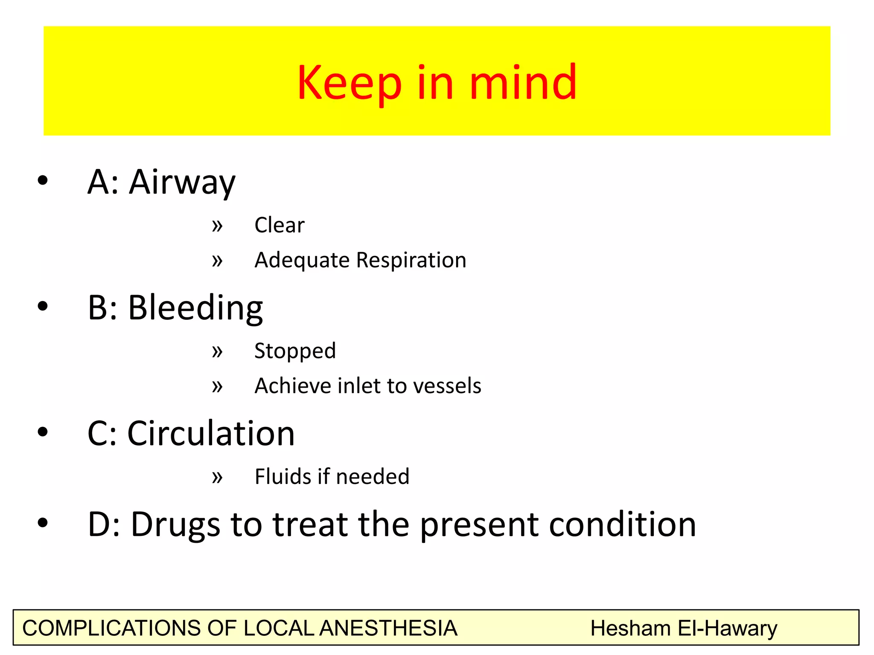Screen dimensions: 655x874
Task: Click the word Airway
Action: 182,183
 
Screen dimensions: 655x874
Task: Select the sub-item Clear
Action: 280,225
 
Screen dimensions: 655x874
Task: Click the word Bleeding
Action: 195,308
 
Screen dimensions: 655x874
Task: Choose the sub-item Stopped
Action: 295,351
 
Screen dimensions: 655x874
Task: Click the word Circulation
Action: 211,434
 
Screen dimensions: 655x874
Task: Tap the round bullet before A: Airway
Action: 43,180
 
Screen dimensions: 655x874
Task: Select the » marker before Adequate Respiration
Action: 217,261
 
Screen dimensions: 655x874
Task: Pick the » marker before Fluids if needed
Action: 217,477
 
